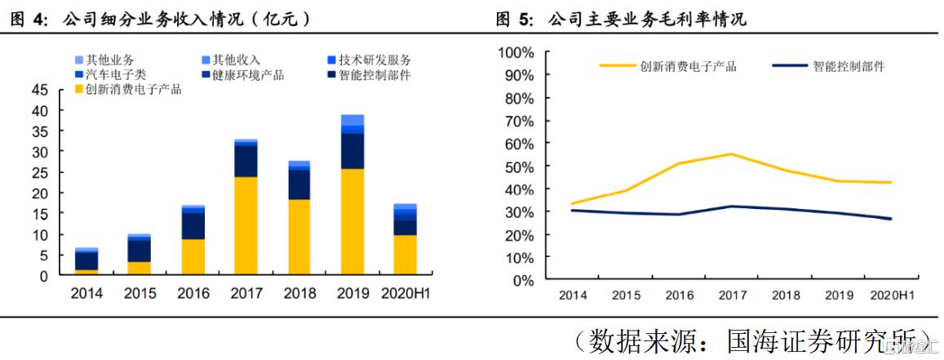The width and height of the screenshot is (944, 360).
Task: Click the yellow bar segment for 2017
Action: pos(246,226)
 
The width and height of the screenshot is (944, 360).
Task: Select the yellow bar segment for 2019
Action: pos(352,222)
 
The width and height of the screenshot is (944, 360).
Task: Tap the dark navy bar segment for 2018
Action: pos(299,184)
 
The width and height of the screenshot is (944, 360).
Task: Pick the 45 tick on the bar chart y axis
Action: pos(38,89)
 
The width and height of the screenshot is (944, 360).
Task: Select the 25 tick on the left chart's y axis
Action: pos(38,172)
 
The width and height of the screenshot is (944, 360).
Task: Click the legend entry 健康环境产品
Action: pos(248,75)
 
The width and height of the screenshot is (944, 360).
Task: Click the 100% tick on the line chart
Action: pos(516,53)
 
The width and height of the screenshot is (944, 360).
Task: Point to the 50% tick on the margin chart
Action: pos(519,167)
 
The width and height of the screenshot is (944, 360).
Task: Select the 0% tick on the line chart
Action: pos(523,280)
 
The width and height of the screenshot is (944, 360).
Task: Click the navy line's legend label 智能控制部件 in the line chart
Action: pos(849,66)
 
